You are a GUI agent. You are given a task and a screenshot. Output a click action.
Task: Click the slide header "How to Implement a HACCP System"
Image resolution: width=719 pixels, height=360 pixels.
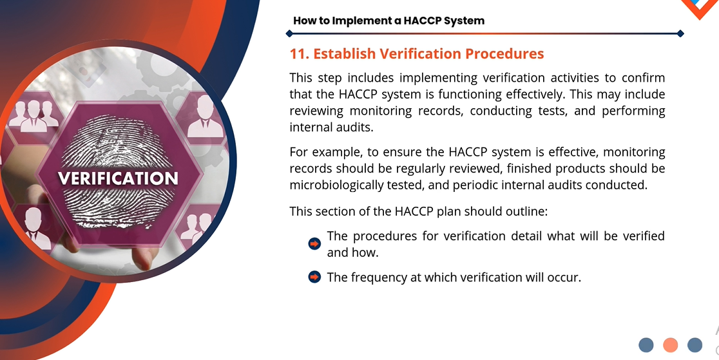pyautogui.click(x=389, y=21)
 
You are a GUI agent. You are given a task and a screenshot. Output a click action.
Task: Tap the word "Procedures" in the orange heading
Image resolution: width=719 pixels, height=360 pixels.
pyautogui.click(x=504, y=54)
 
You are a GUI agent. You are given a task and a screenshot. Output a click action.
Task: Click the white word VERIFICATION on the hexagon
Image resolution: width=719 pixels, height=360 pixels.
pyautogui.click(x=118, y=178)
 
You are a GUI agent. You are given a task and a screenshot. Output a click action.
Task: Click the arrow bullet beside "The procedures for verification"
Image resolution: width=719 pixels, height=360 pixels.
pyautogui.click(x=314, y=244)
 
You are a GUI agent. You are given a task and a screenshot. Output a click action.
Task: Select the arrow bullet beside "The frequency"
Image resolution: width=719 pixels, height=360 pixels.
pyautogui.click(x=314, y=277)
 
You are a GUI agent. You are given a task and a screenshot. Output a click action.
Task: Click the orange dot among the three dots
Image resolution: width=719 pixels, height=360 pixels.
pyautogui.click(x=671, y=345)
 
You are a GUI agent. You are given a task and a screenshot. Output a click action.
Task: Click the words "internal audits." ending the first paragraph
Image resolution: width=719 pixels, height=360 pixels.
pyautogui.click(x=332, y=127)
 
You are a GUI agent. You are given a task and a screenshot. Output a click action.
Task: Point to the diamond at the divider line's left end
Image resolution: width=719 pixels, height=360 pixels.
pyautogui.click(x=289, y=33)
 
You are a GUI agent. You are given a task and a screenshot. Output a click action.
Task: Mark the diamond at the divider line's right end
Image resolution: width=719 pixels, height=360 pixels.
pyautogui.click(x=680, y=33)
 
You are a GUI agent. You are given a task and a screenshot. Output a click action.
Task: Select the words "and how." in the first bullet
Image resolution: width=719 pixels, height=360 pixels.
pyautogui.click(x=352, y=252)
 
